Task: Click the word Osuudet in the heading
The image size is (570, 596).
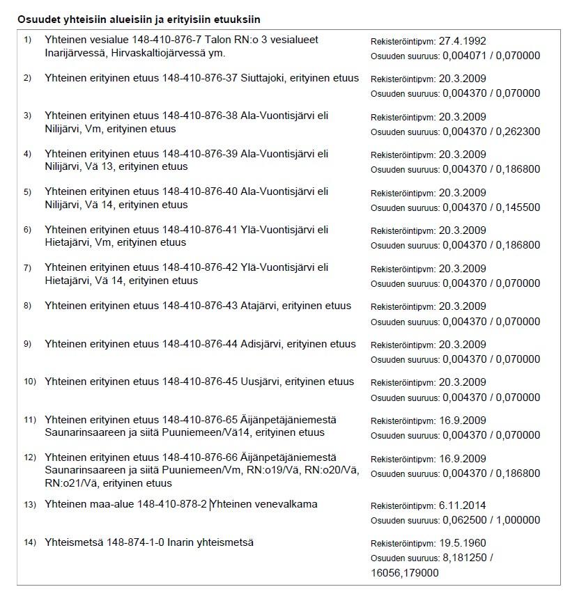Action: [x=37, y=19]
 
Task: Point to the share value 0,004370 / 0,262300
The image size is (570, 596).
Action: [x=491, y=132]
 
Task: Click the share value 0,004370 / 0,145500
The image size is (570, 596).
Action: [x=491, y=207]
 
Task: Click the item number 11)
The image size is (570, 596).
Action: [x=29, y=420]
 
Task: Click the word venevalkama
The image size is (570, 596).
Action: [x=285, y=504]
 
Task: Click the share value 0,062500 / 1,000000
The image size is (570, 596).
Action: [x=491, y=520]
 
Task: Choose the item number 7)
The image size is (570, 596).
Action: [x=28, y=267]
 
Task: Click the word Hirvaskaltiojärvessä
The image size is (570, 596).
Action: [x=168, y=53]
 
